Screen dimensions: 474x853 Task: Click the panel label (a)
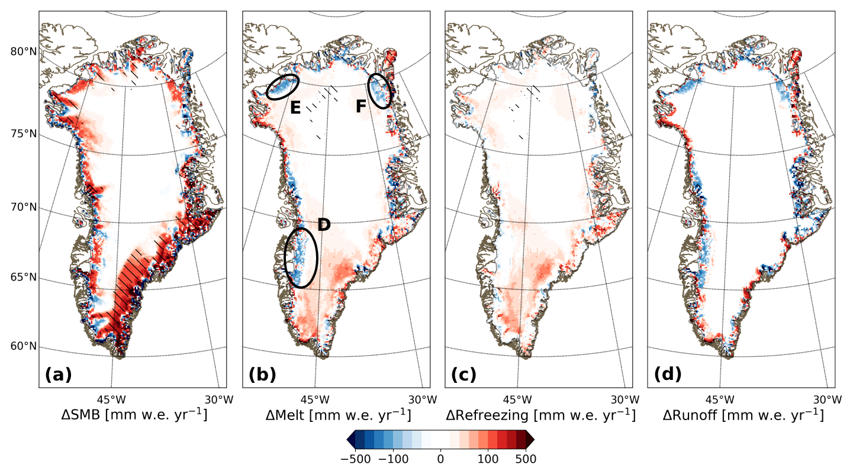pyautogui.click(x=58, y=374)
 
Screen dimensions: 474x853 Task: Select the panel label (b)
pyautogui.click(x=261, y=374)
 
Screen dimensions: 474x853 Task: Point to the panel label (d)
pyautogui.click(x=667, y=374)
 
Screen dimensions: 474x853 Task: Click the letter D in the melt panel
pyautogui.click(x=324, y=224)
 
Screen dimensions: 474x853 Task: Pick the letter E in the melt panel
pyautogui.click(x=295, y=107)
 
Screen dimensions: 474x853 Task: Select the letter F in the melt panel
pyautogui.click(x=361, y=107)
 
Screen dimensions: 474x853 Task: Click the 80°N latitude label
pyautogui.click(x=24, y=51)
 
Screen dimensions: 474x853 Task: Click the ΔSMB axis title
pyautogui.click(x=134, y=414)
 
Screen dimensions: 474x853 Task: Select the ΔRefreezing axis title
pyautogui.click(x=540, y=414)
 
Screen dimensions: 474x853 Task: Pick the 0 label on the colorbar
pyautogui.click(x=440, y=458)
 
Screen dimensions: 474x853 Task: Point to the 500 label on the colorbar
pyautogui.click(x=526, y=458)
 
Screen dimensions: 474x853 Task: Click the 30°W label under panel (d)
pyautogui.click(x=828, y=399)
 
